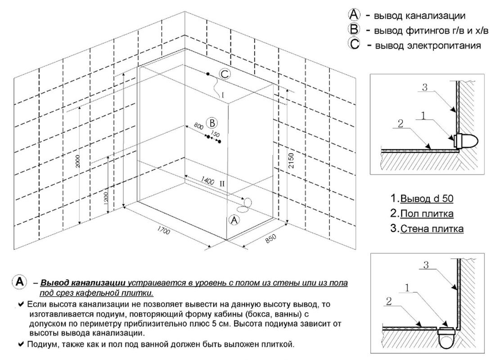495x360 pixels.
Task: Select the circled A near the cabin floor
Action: click(x=234, y=220)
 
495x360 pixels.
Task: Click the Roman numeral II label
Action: click(x=222, y=184)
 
